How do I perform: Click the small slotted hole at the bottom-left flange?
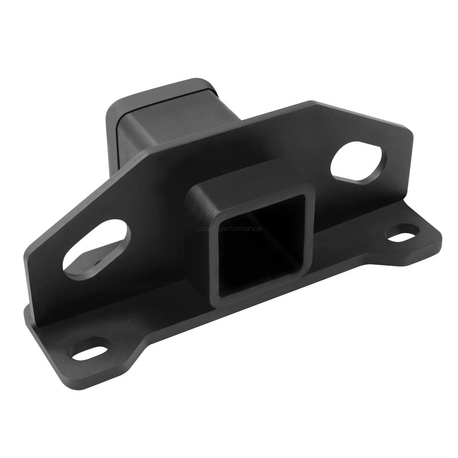pyautogui.click(x=89, y=350)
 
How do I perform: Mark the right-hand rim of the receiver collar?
pyautogui.click(x=310, y=235)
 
